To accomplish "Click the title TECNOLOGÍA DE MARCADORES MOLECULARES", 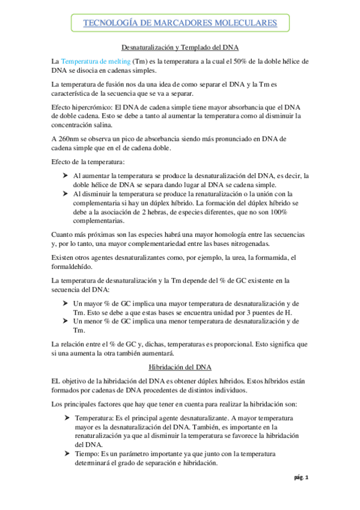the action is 180,23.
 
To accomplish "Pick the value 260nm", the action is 73,139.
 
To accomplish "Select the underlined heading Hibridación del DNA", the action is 180,366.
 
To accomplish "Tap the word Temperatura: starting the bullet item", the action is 97,417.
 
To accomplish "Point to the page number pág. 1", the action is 301,494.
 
